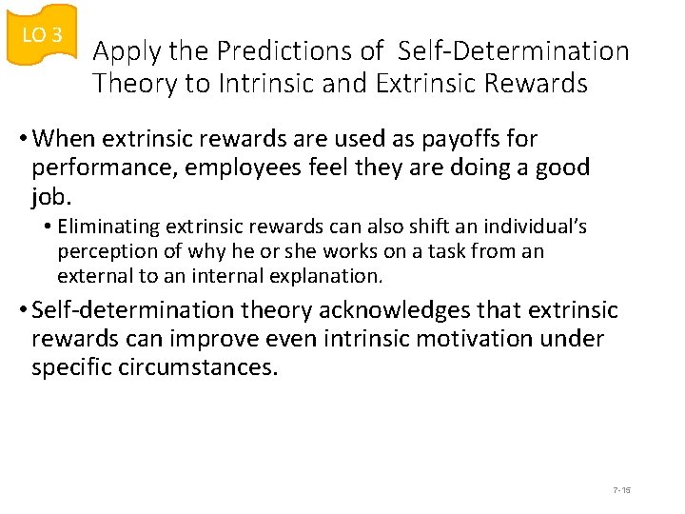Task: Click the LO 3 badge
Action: point(41,35)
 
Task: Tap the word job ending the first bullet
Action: point(49,198)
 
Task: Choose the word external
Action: point(92,277)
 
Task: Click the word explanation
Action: point(327,277)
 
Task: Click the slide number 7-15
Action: point(622,490)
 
